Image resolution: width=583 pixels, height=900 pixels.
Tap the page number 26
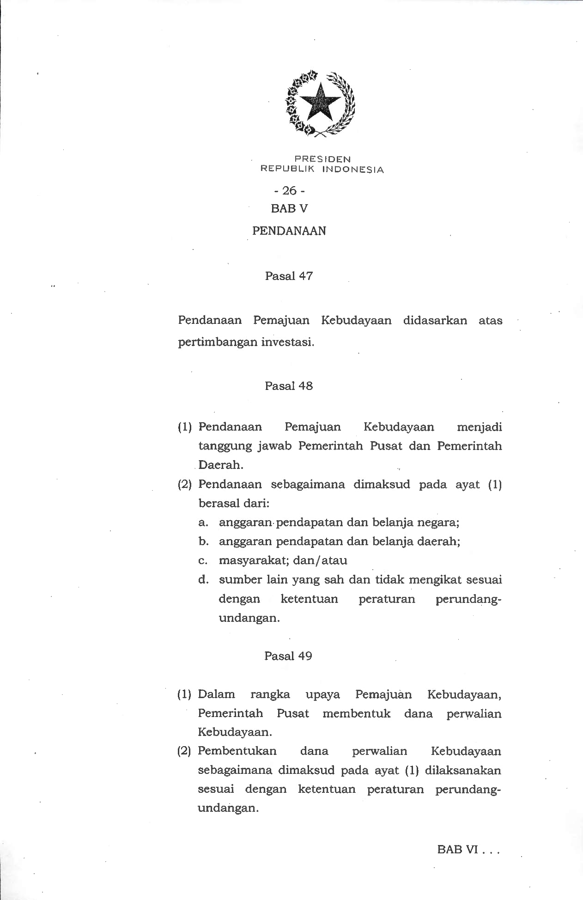tap(289, 190)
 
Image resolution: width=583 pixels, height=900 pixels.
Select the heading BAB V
tap(289, 209)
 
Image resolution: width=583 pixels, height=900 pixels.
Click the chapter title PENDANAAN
tap(289, 231)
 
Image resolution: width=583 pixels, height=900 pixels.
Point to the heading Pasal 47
tap(289, 276)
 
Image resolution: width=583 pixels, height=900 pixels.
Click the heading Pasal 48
tap(289, 386)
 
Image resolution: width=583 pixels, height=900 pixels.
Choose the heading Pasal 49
tap(288, 656)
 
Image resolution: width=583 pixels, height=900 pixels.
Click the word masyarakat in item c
tap(247, 561)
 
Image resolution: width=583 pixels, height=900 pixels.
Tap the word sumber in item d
tap(238, 580)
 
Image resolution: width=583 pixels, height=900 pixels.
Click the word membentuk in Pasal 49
tap(356, 713)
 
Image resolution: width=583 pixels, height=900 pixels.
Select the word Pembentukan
tap(237, 751)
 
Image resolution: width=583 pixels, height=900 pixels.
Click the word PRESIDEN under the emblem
tap(322, 159)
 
